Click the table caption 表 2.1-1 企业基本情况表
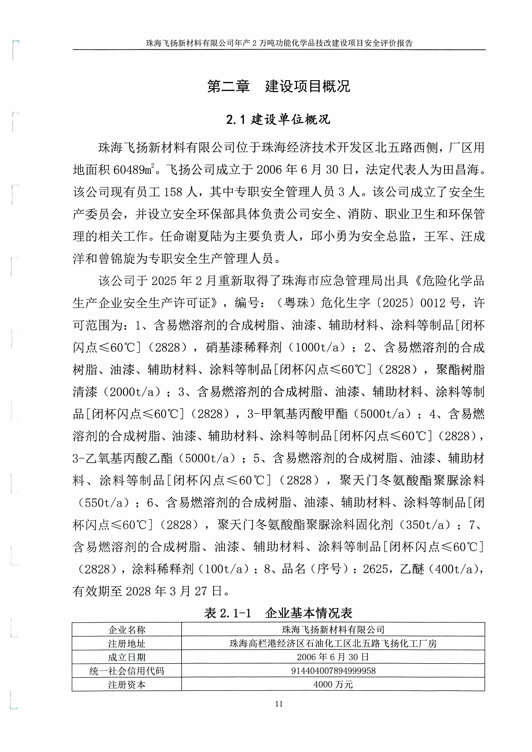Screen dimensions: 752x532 pos(278,613)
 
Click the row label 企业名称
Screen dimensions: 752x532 pos(127,630)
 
